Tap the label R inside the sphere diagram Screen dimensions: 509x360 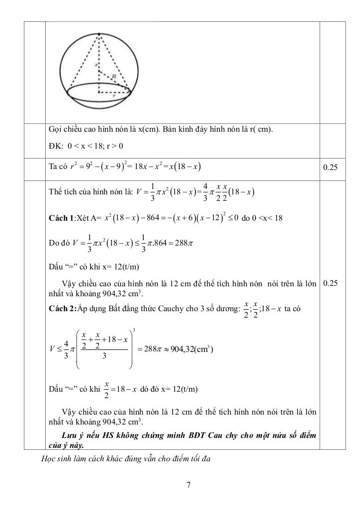point(114,76)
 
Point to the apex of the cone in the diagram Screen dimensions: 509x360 point(99,34)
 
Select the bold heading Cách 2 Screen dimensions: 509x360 point(61,309)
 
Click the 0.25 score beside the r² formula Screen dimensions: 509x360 point(330,168)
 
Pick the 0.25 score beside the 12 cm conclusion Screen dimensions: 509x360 point(330,283)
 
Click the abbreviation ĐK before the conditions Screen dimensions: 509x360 point(54,147)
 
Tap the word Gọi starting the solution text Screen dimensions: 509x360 point(55,130)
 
